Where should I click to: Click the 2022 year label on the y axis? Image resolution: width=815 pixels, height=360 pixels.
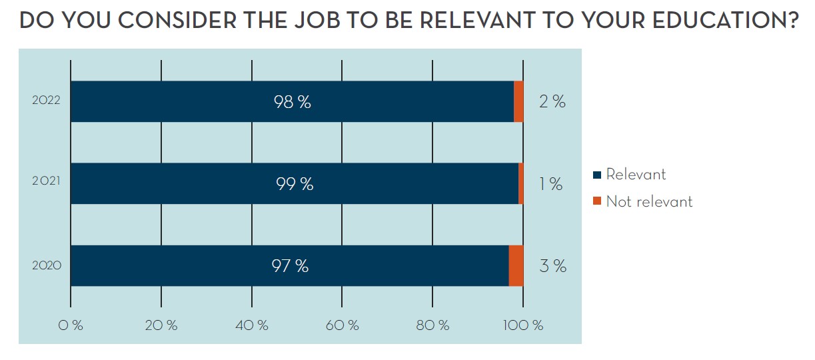pyautogui.click(x=46, y=102)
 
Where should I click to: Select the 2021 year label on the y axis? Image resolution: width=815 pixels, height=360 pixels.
pyautogui.click(x=46, y=184)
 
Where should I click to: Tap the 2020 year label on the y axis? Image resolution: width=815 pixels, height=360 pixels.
pyautogui.click(x=47, y=266)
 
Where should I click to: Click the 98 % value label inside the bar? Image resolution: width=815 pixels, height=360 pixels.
pyautogui.click(x=292, y=102)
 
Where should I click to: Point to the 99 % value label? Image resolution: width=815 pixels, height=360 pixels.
pyautogui.click(x=295, y=184)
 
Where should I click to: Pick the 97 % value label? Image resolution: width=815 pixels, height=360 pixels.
pyautogui.click(x=290, y=266)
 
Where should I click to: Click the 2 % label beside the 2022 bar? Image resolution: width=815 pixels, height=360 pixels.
pyautogui.click(x=552, y=102)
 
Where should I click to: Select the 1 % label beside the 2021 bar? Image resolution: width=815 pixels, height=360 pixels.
pyautogui.click(x=551, y=184)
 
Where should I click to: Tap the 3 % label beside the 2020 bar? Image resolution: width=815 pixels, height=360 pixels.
pyautogui.click(x=552, y=266)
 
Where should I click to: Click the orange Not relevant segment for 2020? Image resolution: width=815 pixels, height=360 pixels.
pyautogui.click(x=516, y=266)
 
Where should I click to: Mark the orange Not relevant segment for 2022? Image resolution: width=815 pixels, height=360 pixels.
pyautogui.click(x=518, y=102)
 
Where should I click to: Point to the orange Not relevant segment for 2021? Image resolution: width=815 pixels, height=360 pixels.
pyautogui.click(x=521, y=184)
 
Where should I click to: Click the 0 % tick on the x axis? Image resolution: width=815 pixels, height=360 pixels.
pyautogui.click(x=70, y=325)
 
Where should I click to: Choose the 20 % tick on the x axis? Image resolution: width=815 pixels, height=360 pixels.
pyautogui.click(x=161, y=325)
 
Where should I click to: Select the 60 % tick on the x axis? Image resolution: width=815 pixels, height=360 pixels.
pyautogui.click(x=342, y=325)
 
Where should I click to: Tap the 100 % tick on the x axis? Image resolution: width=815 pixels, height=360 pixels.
pyautogui.click(x=524, y=325)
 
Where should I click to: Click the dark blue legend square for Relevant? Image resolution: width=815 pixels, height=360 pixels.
pyautogui.click(x=597, y=175)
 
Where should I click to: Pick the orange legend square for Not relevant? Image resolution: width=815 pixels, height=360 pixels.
pyautogui.click(x=597, y=201)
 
